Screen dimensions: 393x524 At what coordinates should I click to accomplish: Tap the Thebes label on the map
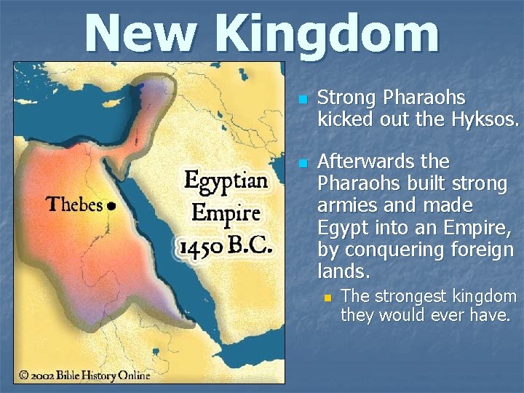pyautogui.click(x=75, y=205)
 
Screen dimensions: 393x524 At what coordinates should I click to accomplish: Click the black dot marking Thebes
pyautogui.click(x=111, y=206)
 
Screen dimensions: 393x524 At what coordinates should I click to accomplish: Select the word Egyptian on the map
pyautogui.click(x=226, y=180)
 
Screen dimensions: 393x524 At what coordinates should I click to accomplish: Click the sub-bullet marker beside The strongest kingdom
pyautogui.click(x=327, y=298)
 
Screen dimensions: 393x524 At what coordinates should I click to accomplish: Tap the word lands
pyautogui.click(x=344, y=272)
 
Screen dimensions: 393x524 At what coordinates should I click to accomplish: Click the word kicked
pyautogui.click(x=344, y=119)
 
